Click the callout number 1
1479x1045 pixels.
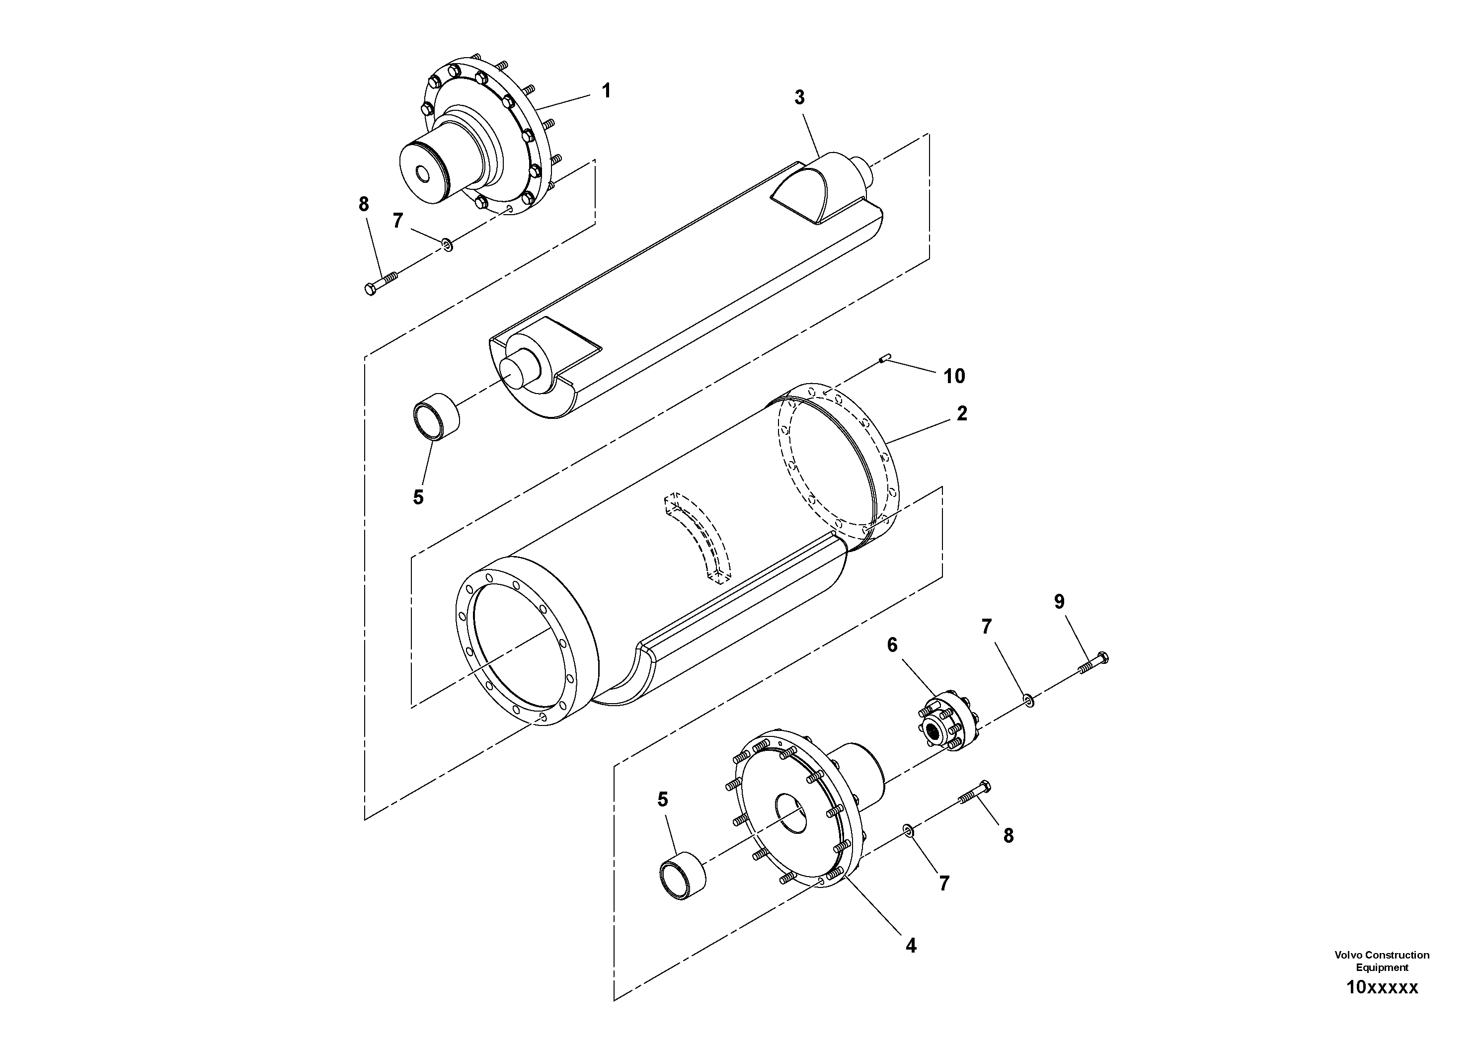(x=606, y=91)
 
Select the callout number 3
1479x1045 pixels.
(x=799, y=98)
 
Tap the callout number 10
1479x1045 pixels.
(x=954, y=376)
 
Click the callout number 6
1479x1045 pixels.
(x=892, y=645)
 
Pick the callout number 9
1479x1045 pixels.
(x=1059, y=602)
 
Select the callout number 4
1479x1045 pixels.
(x=911, y=946)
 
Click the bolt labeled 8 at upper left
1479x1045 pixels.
(x=380, y=283)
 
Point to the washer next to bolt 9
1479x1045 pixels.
(x=1029, y=700)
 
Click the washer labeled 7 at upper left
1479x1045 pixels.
(x=447, y=244)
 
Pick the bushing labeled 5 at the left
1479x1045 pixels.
(x=436, y=417)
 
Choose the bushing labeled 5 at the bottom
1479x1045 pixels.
(x=682, y=876)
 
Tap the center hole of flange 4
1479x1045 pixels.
(x=790, y=815)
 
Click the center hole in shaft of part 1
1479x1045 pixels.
(x=423, y=174)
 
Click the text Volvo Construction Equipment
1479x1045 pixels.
(x=1382, y=961)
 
